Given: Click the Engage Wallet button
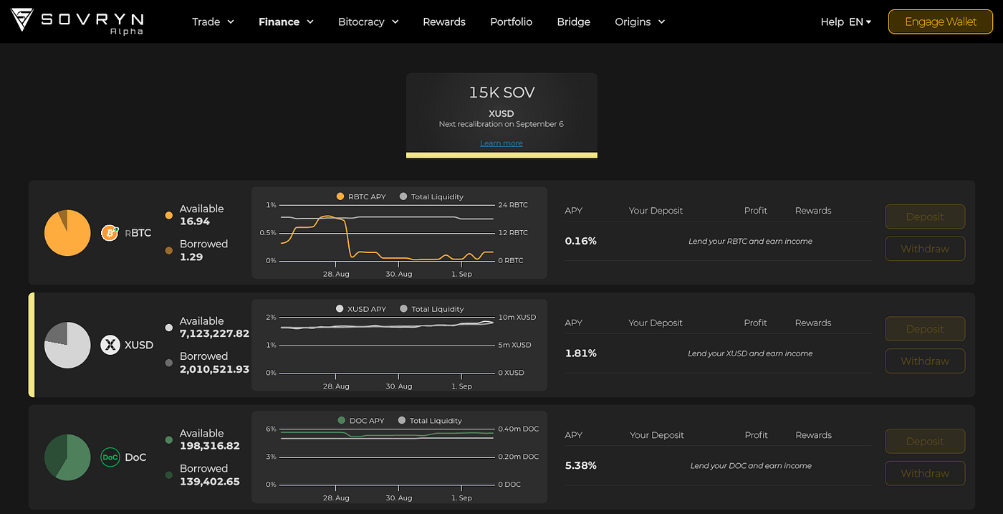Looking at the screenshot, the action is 940,22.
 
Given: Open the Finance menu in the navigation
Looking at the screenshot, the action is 286,22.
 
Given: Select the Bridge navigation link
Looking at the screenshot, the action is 573,22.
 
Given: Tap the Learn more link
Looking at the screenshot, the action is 501,143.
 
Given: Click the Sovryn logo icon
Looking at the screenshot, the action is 22,20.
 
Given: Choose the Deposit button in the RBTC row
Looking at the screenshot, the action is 925,216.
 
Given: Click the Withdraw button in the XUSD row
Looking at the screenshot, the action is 925,361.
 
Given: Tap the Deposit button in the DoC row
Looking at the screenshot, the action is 925,441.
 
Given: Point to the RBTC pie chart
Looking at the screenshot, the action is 67,233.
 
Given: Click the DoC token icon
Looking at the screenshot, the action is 110,457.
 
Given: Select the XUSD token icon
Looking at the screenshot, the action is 110,345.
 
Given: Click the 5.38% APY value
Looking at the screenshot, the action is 580,465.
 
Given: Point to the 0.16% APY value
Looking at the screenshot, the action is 580,241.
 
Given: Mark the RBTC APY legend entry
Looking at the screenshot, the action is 360,196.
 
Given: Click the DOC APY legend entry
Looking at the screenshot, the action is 361,420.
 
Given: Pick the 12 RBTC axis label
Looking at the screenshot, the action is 513,232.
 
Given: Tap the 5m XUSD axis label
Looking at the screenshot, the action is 514,345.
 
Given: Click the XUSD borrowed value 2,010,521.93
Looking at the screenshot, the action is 214,368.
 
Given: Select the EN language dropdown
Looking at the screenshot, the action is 860,22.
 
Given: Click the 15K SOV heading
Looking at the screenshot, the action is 501,92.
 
